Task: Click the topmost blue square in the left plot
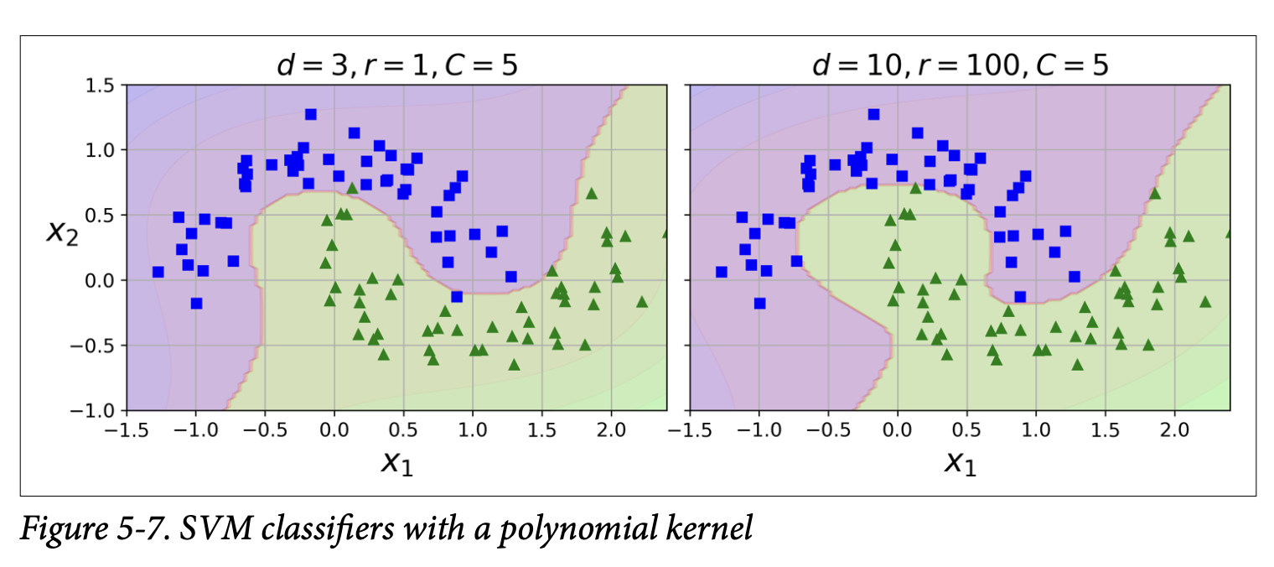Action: coord(311,114)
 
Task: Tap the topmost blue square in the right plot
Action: coord(874,114)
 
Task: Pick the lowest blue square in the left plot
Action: coord(196,303)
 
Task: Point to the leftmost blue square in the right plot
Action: coord(722,272)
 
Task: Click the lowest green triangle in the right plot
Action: coord(1077,365)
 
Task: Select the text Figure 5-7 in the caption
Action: coord(88,530)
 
